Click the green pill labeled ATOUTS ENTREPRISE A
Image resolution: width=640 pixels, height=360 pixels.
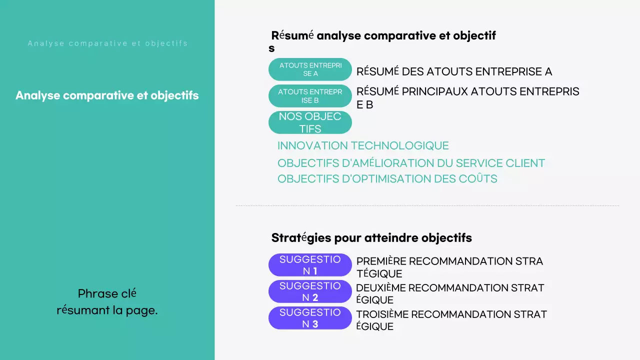click(x=310, y=69)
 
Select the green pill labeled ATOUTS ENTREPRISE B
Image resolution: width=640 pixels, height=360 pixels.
click(x=310, y=96)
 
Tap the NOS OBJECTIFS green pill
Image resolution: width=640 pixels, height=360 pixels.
click(x=310, y=122)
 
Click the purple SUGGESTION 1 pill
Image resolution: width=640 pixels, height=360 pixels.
click(x=310, y=265)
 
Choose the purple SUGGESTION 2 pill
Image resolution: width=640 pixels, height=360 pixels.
click(x=310, y=291)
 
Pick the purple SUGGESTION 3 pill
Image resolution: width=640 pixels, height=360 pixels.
click(x=310, y=318)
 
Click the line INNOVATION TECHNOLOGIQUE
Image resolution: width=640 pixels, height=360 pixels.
click(x=363, y=146)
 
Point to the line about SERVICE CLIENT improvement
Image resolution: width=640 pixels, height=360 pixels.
click(x=411, y=163)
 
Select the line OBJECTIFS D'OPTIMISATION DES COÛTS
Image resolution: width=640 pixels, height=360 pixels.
click(x=387, y=179)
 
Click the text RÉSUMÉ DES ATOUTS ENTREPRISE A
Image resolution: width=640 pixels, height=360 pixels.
click(x=454, y=71)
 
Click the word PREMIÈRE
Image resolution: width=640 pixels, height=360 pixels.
click(x=381, y=261)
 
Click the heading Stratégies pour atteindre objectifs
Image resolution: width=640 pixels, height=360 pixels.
click(x=371, y=238)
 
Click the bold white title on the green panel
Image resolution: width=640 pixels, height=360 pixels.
click(x=107, y=95)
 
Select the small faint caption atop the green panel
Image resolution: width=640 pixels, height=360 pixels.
click(x=107, y=43)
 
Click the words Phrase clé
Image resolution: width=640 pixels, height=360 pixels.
click(x=107, y=293)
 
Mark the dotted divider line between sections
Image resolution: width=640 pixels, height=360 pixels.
click(x=427, y=205)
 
